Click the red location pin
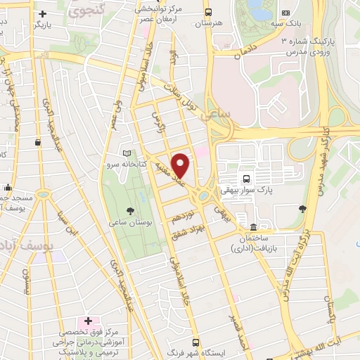(181, 165)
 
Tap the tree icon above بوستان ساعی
(130, 210)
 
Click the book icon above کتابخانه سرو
(127, 153)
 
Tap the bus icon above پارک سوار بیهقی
(247, 179)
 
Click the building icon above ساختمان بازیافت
(252, 227)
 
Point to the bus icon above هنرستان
(207, 13)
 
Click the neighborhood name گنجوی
(85, 10)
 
